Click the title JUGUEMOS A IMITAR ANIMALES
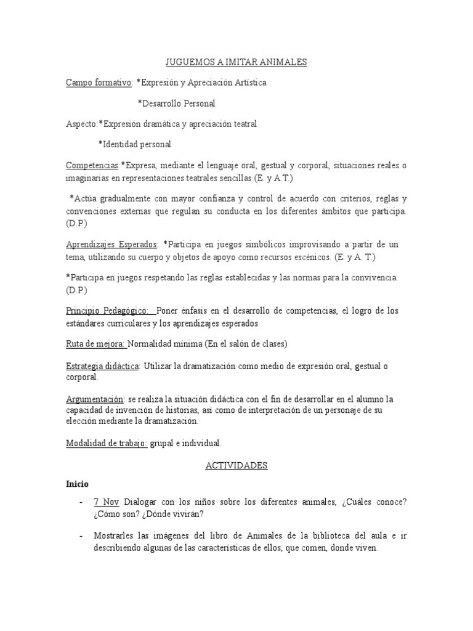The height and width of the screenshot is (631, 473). (x=236, y=62)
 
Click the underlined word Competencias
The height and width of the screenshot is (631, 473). (x=92, y=166)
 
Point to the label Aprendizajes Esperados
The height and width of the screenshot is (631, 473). (x=111, y=244)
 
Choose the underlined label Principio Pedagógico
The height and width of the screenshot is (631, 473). (x=107, y=311)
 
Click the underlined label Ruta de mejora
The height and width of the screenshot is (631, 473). (x=95, y=344)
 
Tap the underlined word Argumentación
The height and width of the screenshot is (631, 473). (x=94, y=399)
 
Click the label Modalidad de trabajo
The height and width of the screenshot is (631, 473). (x=106, y=443)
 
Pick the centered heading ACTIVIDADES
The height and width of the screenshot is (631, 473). (x=236, y=466)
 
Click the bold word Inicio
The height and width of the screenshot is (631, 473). (x=77, y=484)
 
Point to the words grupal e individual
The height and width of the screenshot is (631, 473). (x=185, y=443)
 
